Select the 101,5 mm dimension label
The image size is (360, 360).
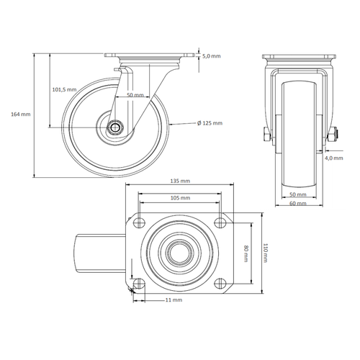[x=64, y=89]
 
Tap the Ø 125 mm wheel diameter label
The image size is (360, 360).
[x=210, y=123]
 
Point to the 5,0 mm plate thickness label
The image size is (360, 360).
[x=211, y=55]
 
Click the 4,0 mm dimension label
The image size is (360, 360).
[x=333, y=157]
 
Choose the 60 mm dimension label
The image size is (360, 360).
[x=297, y=204]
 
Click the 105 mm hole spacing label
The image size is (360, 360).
[x=180, y=197]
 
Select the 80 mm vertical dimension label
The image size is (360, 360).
[x=246, y=251]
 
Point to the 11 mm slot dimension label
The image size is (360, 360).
[x=174, y=299]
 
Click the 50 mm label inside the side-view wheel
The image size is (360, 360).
[x=134, y=95]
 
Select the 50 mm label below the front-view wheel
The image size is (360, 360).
[x=297, y=194]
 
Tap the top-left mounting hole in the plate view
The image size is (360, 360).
[x=139, y=221]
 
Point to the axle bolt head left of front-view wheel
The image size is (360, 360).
[x=266, y=135]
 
